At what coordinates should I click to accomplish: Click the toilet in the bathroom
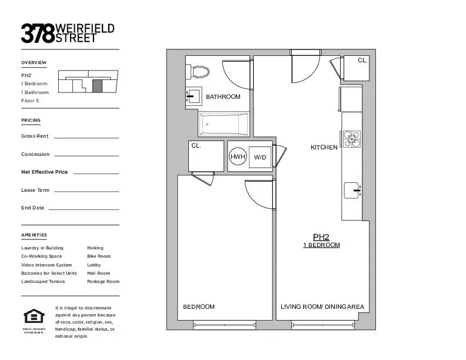(198, 72)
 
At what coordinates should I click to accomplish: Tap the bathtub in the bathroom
(224, 125)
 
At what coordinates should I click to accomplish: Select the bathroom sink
(194, 96)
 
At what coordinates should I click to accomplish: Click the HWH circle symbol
(238, 157)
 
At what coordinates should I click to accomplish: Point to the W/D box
(260, 157)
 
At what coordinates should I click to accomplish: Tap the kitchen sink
(352, 191)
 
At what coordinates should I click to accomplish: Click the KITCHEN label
(324, 148)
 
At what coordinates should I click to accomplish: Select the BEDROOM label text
(199, 306)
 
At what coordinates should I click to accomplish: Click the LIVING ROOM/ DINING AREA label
(322, 306)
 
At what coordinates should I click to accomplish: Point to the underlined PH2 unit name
(321, 237)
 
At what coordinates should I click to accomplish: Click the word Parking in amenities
(95, 248)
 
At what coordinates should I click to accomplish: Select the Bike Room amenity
(99, 256)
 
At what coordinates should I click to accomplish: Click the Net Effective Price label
(45, 172)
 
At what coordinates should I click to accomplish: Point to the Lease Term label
(35, 190)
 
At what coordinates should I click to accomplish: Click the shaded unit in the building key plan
(98, 85)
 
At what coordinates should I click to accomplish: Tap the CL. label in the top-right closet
(363, 61)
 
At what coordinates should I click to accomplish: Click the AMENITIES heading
(34, 235)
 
